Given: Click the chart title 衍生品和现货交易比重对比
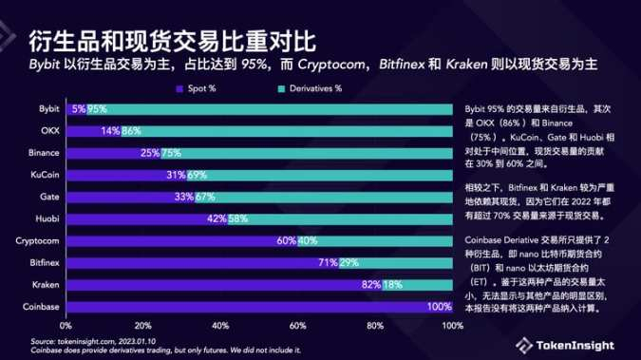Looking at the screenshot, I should tap(171, 41).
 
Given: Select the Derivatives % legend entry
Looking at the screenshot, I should tap(309, 88).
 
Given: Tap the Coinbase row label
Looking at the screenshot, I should tap(44, 306).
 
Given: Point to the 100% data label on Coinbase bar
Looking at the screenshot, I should tap(439, 306).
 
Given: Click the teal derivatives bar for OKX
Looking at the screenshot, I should tap(285, 132).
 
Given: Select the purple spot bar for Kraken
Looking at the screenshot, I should tap(218, 284).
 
